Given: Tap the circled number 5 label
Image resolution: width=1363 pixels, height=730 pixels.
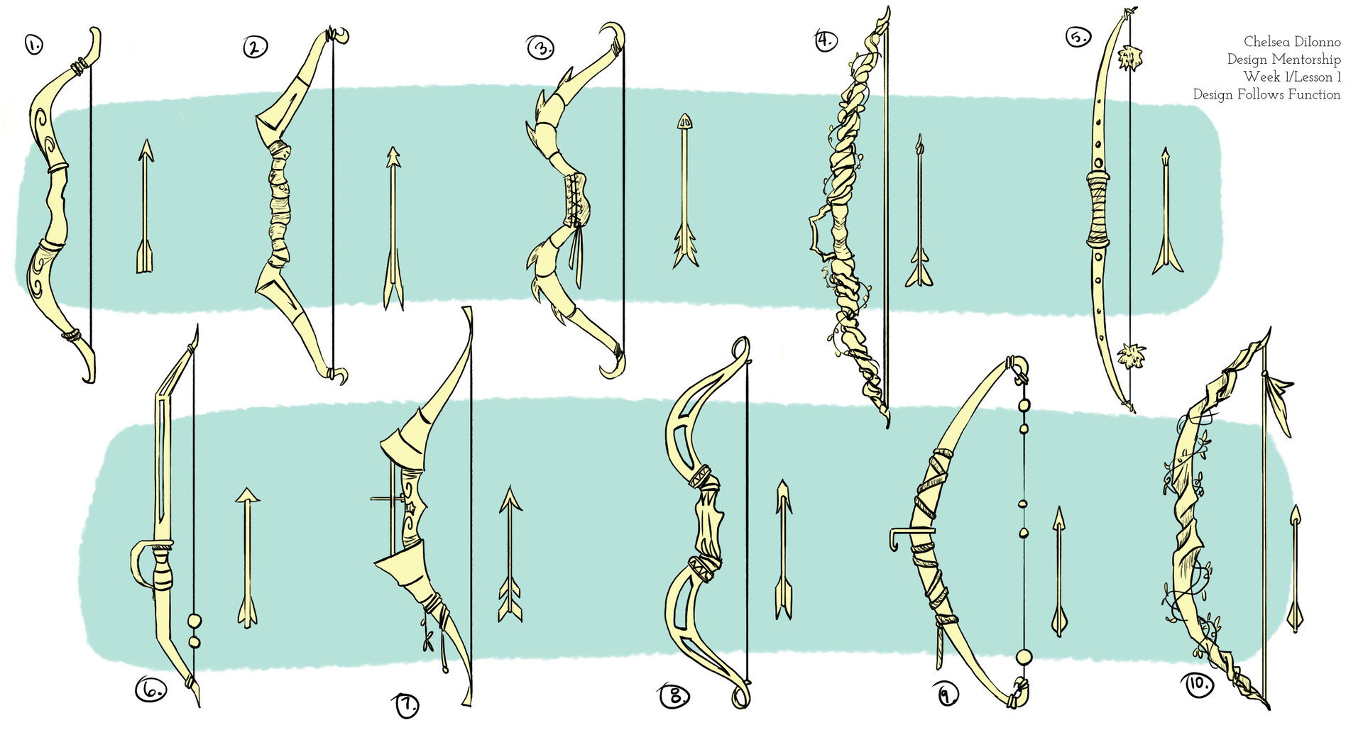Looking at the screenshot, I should tap(1077, 36).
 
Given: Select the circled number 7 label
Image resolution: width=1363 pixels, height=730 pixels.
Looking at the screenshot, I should tap(406, 705).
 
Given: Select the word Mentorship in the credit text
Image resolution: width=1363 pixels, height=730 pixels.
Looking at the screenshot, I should tap(1305, 60).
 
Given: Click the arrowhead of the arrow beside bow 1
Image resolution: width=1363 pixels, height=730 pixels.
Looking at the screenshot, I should tap(146, 150).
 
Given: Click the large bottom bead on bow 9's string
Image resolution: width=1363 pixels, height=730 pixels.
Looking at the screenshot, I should tap(1023, 656).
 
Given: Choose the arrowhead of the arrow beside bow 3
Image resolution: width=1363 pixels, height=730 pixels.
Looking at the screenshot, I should tap(684, 121).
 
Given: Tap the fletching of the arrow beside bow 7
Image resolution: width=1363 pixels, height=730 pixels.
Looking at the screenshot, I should tap(509, 599).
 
